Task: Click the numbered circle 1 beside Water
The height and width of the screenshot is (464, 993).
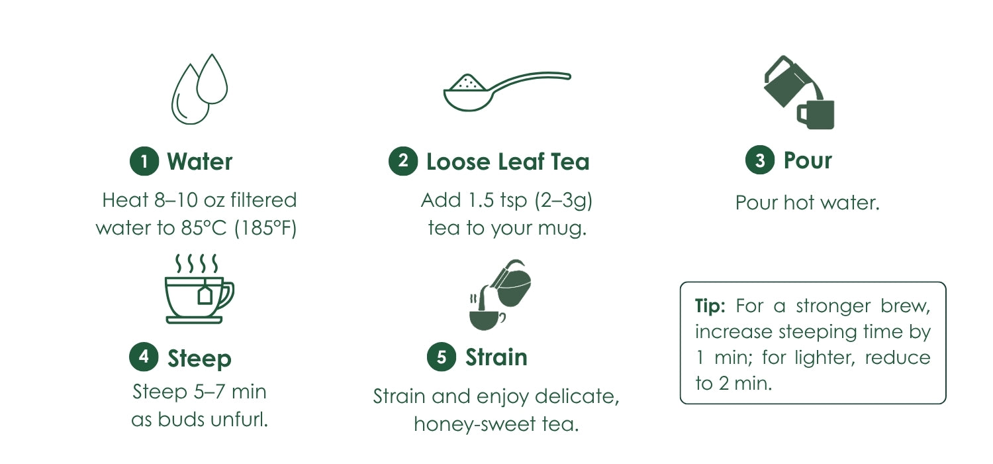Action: (x=144, y=161)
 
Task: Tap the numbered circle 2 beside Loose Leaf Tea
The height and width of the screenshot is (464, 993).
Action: (x=403, y=160)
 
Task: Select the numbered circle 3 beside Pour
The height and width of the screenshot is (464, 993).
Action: (x=760, y=160)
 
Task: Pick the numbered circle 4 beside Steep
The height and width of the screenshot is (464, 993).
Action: (x=144, y=357)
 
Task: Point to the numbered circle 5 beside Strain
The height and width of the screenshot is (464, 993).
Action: (x=442, y=357)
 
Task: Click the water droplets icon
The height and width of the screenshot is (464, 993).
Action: (x=199, y=89)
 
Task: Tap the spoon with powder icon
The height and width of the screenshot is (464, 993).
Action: (x=507, y=91)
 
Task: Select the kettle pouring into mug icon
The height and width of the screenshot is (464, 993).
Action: (x=799, y=92)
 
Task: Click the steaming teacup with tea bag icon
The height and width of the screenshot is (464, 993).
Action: (x=199, y=288)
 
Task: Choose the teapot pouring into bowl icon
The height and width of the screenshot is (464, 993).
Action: (x=500, y=295)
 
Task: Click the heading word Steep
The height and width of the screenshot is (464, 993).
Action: (x=199, y=359)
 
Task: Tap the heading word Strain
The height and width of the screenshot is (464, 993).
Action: (x=496, y=357)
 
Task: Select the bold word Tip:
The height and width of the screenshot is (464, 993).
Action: (x=710, y=306)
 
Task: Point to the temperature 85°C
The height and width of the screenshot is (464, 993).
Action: (x=203, y=228)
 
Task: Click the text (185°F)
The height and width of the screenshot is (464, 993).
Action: (x=265, y=228)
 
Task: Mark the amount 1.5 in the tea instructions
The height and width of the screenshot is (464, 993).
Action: (x=481, y=200)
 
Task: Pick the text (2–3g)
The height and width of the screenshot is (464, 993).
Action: (x=563, y=201)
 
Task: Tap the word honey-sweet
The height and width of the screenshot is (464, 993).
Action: (x=475, y=424)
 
